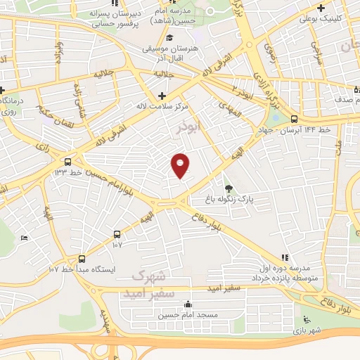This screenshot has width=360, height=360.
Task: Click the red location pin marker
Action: pyautogui.click(x=180, y=165)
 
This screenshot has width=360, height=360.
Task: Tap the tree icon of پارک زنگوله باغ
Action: pyautogui.click(x=229, y=188)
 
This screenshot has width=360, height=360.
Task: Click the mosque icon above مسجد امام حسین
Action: pyautogui.click(x=188, y=304)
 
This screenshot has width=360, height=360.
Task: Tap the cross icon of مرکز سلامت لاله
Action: pyautogui.click(x=162, y=95)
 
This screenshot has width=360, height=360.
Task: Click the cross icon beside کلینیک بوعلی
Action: pyautogui.click(x=321, y=8)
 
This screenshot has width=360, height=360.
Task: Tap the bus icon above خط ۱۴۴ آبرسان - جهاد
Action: pyautogui.click(x=292, y=120)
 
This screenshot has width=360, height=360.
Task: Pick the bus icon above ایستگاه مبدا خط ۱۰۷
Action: pyautogui.click(x=82, y=258)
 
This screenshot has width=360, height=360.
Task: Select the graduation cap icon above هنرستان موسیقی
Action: pyautogui.click(x=171, y=37)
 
